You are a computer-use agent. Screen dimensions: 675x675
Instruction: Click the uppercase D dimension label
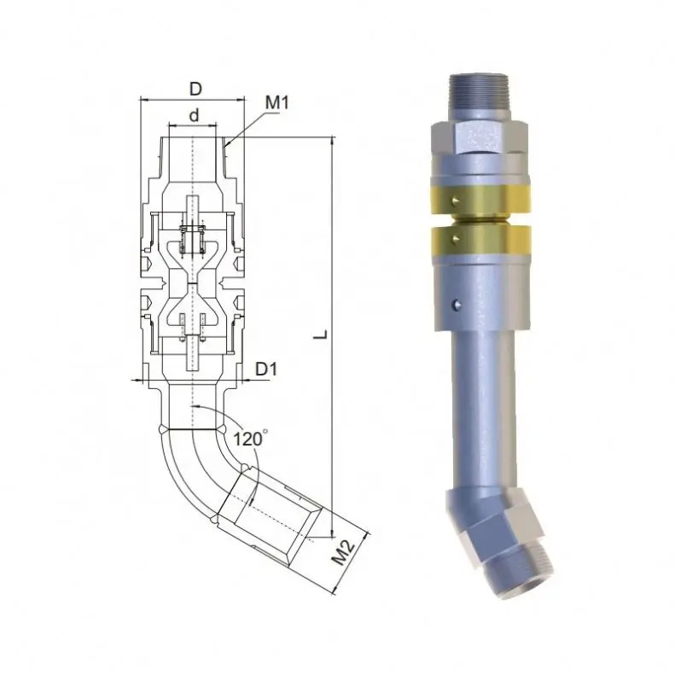pos(195,90)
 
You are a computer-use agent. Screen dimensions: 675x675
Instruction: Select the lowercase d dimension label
pos(195,114)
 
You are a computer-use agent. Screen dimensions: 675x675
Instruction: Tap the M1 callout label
pos(277,103)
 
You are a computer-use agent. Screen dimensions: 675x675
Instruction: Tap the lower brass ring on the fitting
pos(482,240)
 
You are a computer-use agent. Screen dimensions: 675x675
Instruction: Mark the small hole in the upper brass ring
pos(458,201)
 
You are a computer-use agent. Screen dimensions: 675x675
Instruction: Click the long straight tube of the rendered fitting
pos(480,410)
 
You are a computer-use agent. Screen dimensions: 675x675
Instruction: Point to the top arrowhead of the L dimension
pos(329,142)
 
